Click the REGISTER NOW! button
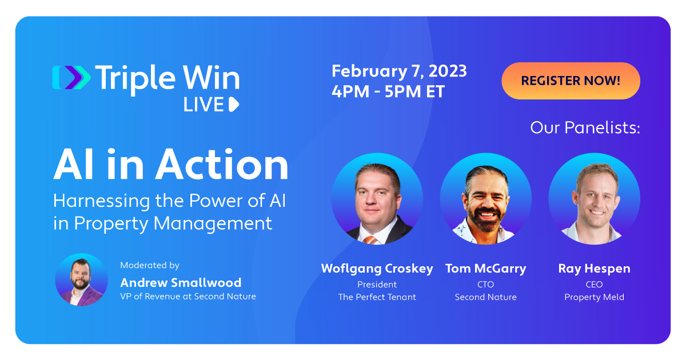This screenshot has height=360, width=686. pyautogui.click(x=571, y=81)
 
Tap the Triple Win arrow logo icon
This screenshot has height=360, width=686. pyautogui.click(x=71, y=78)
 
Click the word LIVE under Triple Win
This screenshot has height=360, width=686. pyautogui.click(x=204, y=105)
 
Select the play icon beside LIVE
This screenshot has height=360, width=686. pyautogui.click(x=234, y=105)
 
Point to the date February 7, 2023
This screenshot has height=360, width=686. pyautogui.click(x=399, y=71)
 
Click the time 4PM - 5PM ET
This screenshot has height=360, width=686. pyautogui.click(x=388, y=91)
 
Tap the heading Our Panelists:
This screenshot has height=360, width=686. pyautogui.click(x=585, y=127)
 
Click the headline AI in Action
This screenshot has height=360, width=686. pyautogui.click(x=171, y=164)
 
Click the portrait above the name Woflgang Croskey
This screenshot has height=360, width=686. pyautogui.click(x=377, y=199)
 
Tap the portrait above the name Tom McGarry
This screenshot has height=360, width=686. pyautogui.click(x=486, y=199)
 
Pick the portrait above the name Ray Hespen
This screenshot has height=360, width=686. pyautogui.click(x=594, y=199)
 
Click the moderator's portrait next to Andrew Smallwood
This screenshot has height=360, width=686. pyautogui.click(x=81, y=279)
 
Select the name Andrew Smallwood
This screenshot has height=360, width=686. pyautogui.click(x=181, y=282)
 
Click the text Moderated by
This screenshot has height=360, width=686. pyautogui.click(x=150, y=265)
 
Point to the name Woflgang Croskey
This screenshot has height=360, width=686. pyautogui.click(x=377, y=269)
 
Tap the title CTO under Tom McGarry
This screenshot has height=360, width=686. pyautogui.click(x=486, y=285)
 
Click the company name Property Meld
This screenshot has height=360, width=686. pyautogui.click(x=594, y=297)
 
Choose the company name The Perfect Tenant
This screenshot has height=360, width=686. pyautogui.click(x=377, y=297)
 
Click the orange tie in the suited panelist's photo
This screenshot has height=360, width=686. pyautogui.click(x=370, y=239)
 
